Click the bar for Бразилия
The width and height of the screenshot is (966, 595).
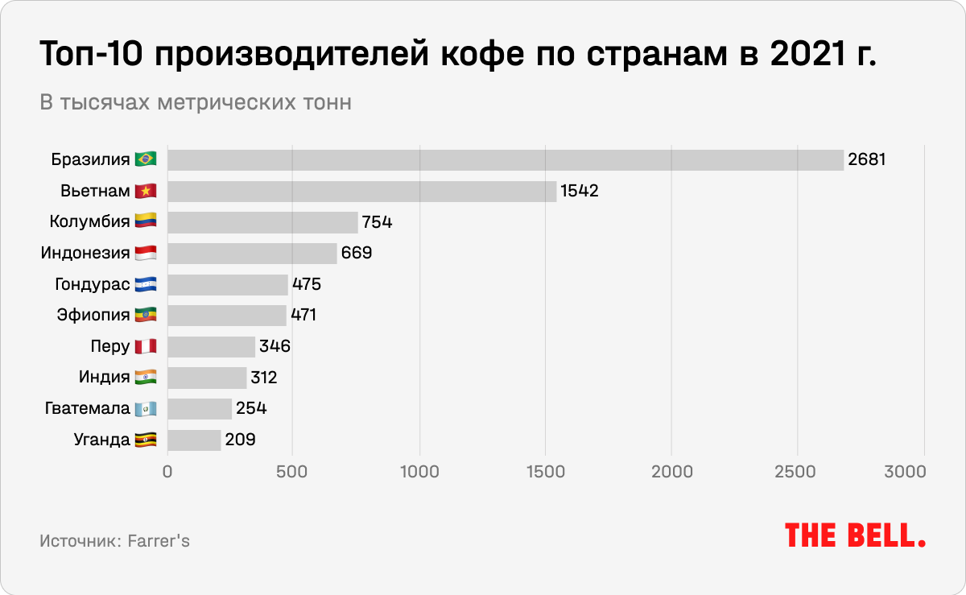[506, 159]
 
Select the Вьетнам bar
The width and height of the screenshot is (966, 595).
[361, 191]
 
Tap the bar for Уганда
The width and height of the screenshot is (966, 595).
[194, 440]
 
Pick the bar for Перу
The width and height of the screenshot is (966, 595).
[211, 346]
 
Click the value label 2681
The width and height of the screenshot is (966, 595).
[866, 159]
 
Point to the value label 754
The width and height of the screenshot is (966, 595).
[377, 222]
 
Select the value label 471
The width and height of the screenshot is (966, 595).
[303, 315]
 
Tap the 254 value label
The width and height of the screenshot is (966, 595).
[251, 408]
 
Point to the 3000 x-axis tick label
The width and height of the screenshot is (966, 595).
[923, 471]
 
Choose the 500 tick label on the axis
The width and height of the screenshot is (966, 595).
[293, 471]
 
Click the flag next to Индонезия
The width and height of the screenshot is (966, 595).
[146, 253]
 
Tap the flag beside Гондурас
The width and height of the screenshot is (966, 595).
[146, 284]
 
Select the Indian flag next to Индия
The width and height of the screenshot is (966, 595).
[146, 377]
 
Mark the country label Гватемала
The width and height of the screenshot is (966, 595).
[88, 408]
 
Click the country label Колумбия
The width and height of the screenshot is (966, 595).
[89, 222]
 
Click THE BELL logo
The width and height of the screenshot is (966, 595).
[855, 535]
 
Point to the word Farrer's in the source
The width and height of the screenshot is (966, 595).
[159, 540]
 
